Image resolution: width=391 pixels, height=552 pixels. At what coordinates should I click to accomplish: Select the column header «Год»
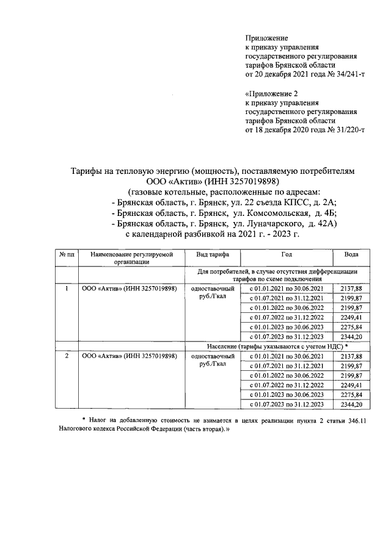(287, 254)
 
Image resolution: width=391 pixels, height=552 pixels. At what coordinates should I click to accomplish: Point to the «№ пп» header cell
(66, 254)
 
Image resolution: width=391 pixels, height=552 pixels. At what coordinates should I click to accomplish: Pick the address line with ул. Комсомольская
(225, 213)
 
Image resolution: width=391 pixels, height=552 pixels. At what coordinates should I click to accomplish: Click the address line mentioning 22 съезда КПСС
(225, 202)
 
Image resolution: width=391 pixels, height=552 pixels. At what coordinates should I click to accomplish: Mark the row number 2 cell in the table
(66, 355)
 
